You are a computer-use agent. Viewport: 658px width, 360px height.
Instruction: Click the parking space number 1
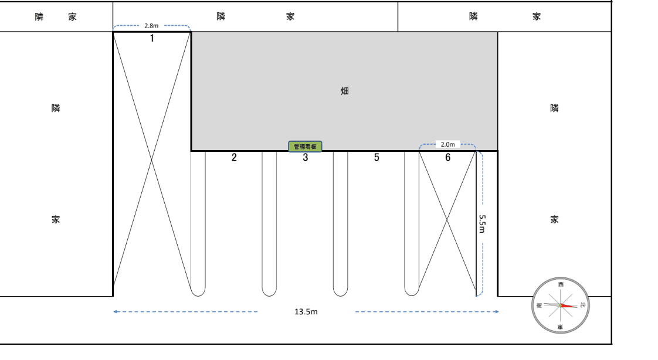click(x=152, y=39)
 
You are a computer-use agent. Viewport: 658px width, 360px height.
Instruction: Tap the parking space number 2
click(x=234, y=157)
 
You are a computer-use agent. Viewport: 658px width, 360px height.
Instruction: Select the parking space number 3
click(x=306, y=157)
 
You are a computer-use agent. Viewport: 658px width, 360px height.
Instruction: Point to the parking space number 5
click(x=377, y=157)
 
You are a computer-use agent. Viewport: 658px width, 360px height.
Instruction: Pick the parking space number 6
click(x=448, y=157)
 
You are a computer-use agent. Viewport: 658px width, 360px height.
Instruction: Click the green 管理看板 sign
click(x=305, y=147)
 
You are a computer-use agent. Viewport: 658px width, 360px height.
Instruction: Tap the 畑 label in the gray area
click(x=344, y=91)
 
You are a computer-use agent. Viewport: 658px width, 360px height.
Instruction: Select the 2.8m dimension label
click(x=151, y=26)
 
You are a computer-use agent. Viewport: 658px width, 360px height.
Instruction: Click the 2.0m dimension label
click(x=448, y=144)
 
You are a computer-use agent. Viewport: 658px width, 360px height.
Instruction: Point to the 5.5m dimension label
click(x=482, y=224)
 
